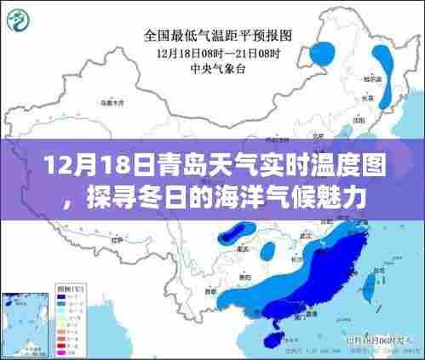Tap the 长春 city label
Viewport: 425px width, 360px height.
click(x=391, y=97)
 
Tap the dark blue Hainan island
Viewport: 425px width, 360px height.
click(x=271, y=339)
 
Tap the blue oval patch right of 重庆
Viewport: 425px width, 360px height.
click(x=267, y=250)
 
